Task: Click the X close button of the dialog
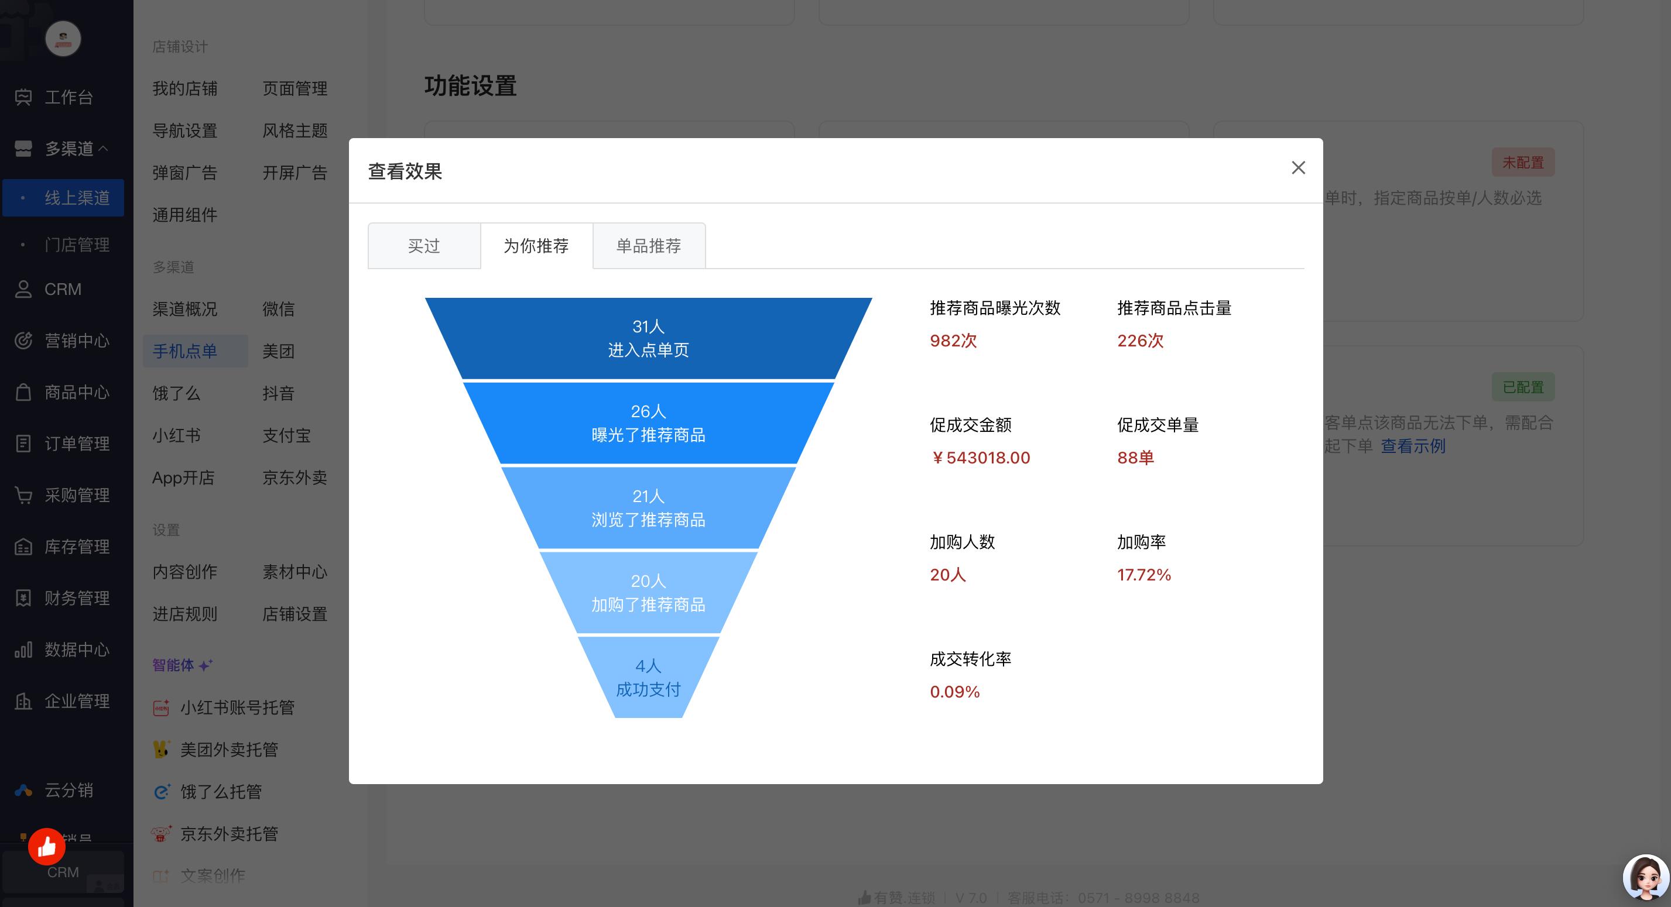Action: (x=1298, y=168)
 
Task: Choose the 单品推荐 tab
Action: (x=649, y=246)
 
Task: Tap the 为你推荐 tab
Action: (x=536, y=246)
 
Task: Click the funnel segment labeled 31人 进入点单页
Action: (x=648, y=338)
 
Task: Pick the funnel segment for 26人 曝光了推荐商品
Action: (x=648, y=423)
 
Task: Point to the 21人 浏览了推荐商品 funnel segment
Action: (x=648, y=509)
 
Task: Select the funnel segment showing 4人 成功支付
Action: (x=648, y=678)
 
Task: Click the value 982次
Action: (x=953, y=341)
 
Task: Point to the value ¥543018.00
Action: (x=980, y=458)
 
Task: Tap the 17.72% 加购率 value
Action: (x=1143, y=575)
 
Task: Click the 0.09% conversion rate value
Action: (x=954, y=692)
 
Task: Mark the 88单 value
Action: (x=1135, y=458)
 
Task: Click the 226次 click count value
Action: (x=1141, y=341)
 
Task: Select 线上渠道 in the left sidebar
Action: (x=77, y=198)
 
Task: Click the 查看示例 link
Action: (x=1413, y=446)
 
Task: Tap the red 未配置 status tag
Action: (x=1522, y=163)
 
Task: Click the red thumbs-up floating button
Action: (x=47, y=847)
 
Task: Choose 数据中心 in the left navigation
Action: (x=77, y=650)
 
